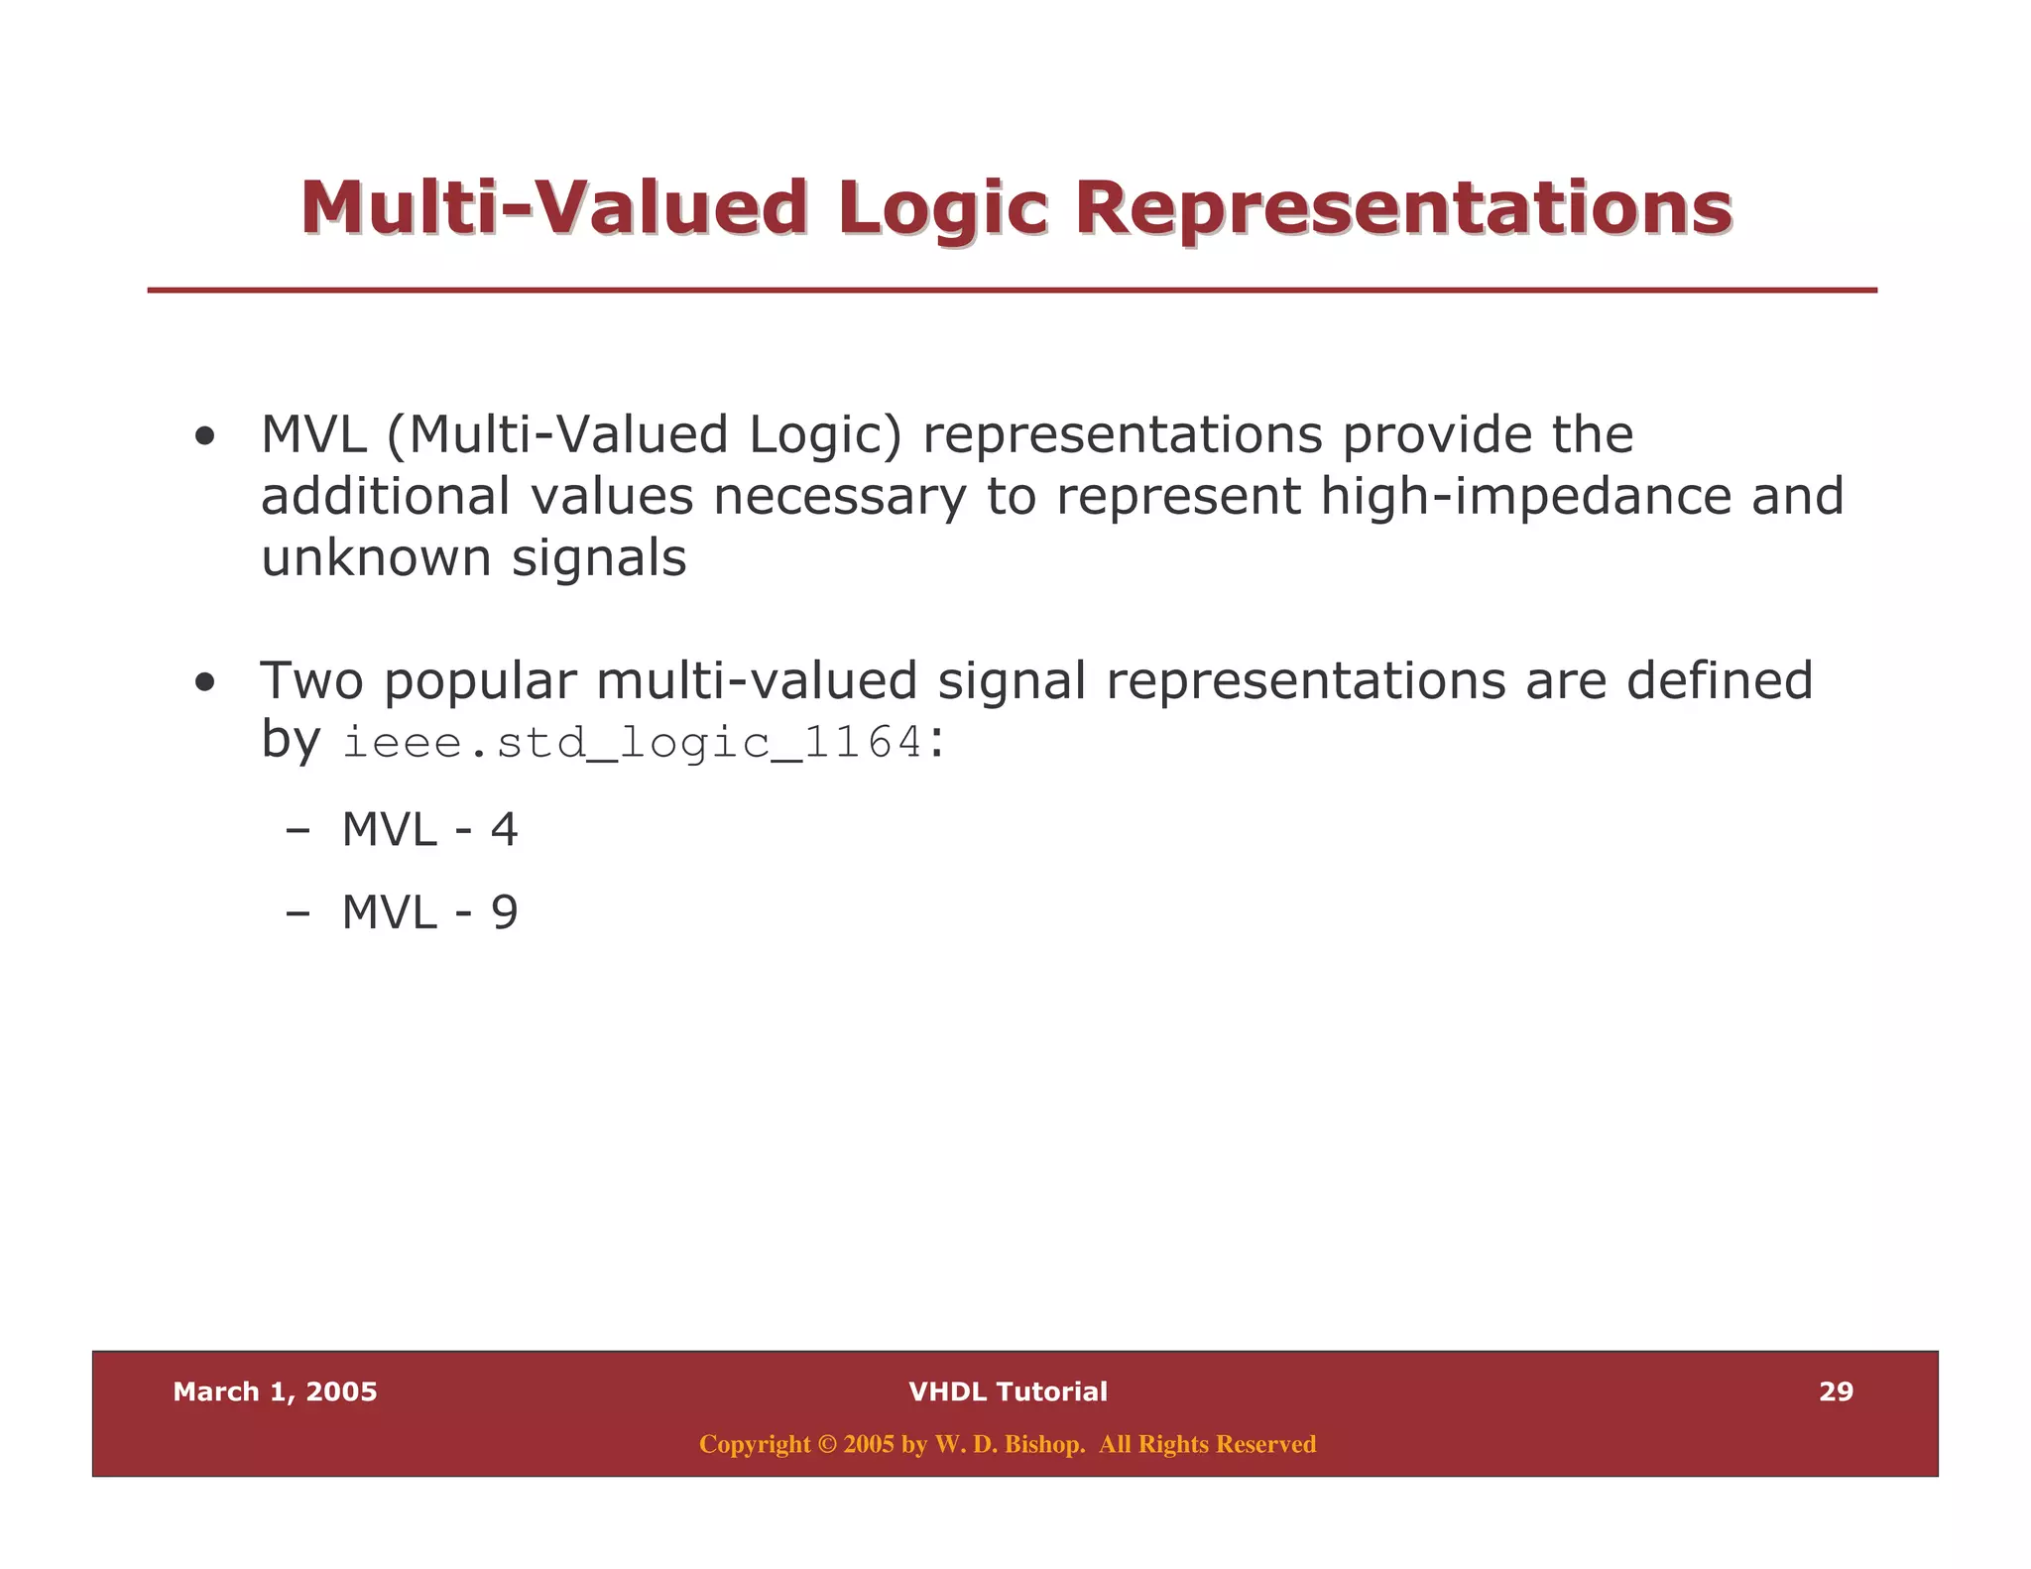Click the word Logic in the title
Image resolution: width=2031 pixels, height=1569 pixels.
pos(942,209)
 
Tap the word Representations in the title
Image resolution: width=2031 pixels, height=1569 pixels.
pos(1403,209)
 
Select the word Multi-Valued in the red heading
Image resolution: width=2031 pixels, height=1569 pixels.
pos(553,209)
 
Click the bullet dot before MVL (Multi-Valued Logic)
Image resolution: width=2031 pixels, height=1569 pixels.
pos(205,436)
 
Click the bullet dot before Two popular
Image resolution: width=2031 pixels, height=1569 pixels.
pos(205,682)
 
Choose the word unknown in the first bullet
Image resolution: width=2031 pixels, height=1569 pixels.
pos(376,557)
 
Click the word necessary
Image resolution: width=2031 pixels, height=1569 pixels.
pos(839,496)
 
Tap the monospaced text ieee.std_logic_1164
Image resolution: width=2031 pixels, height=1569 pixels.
pos(633,743)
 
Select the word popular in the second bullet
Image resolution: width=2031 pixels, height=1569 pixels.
pos(480,682)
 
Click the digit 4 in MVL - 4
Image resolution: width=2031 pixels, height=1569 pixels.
pos(504,829)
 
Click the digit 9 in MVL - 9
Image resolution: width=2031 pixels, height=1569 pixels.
pos(504,912)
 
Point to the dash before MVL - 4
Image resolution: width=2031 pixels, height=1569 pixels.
pos(297,831)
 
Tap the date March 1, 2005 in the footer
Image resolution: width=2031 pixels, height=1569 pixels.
pos(275,1391)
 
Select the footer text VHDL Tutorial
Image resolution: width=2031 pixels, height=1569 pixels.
pos(1008,1391)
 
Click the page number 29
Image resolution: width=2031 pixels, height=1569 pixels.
pos(1836,1391)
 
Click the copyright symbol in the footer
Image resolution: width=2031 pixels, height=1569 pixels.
pos(827,1444)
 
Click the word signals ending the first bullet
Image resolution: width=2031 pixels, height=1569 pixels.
pos(599,557)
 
